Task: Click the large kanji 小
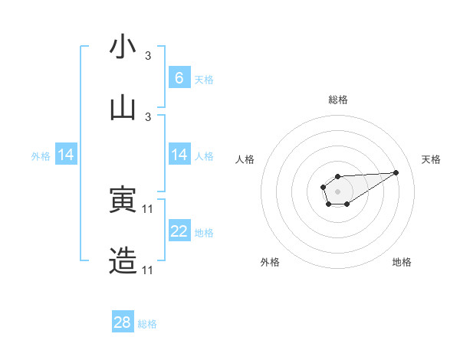[x=123, y=48]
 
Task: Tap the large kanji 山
[x=123, y=108]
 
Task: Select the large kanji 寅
[x=123, y=201]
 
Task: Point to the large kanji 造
[x=123, y=261]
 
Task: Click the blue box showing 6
[x=179, y=77]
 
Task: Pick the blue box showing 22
[x=179, y=231]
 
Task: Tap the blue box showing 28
[x=123, y=322]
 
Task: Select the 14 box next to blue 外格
[x=66, y=155]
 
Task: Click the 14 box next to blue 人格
[x=179, y=155]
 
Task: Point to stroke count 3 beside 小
[x=148, y=57]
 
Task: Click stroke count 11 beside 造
[x=149, y=270]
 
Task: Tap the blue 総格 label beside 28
[x=147, y=324]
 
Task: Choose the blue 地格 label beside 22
[x=204, y=233]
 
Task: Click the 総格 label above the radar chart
[x=337, y=100]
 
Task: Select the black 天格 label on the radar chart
[x=431, y=159]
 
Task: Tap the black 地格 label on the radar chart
[x=402, y=262]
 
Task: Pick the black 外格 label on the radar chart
[x=270, y=262]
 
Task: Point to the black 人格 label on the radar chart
[x=245, y=159]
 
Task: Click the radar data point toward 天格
[x=396, y=172]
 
